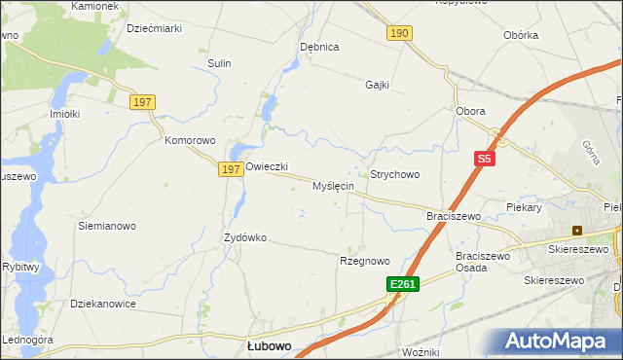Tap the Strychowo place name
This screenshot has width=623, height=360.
pos(394,174)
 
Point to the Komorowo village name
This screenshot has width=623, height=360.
pos(189,140)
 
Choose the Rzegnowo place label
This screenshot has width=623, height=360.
pos(364,261)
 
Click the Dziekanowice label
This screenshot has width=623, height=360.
pos(103,304)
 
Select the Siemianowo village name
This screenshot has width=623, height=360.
pos(107,226)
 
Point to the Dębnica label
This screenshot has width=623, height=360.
pos(319,47)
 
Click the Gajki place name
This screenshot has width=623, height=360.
pos(377,85)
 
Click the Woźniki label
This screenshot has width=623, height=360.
pos(421,351)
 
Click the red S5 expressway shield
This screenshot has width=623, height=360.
pos(485,157)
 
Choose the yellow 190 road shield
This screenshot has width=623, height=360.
pos(399,33)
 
